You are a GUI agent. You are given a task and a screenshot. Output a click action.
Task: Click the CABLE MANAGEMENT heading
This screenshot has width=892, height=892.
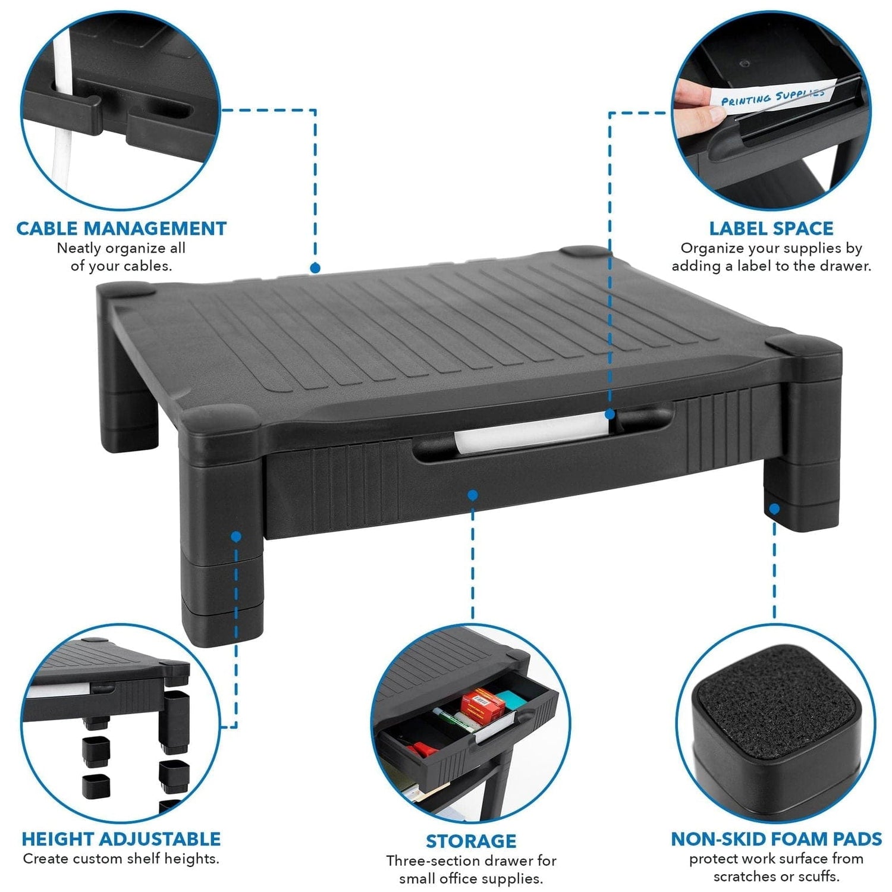[x=121, y=228]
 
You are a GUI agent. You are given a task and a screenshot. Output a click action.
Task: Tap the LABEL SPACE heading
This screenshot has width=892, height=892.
[x=771, y=228]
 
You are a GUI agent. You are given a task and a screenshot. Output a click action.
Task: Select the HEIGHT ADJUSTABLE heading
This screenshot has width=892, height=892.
[x=121, y=839]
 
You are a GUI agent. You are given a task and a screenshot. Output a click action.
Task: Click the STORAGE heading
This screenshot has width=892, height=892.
[x=471, y=841]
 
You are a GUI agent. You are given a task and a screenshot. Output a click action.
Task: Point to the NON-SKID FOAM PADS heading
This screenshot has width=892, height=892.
[x=776, y=839]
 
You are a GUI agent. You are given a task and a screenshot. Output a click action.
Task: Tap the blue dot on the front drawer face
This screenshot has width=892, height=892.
[x=473, y=495]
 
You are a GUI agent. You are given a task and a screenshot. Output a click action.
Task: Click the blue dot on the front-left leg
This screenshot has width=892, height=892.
[x=236, y=536]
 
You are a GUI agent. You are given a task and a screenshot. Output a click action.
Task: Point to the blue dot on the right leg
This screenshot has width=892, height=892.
[x=774, y=509]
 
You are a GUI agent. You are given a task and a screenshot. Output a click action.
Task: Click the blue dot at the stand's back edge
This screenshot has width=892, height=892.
[x=315, y=268]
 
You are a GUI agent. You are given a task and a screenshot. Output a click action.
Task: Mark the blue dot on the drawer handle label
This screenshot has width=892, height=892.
[x=610, y=414]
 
